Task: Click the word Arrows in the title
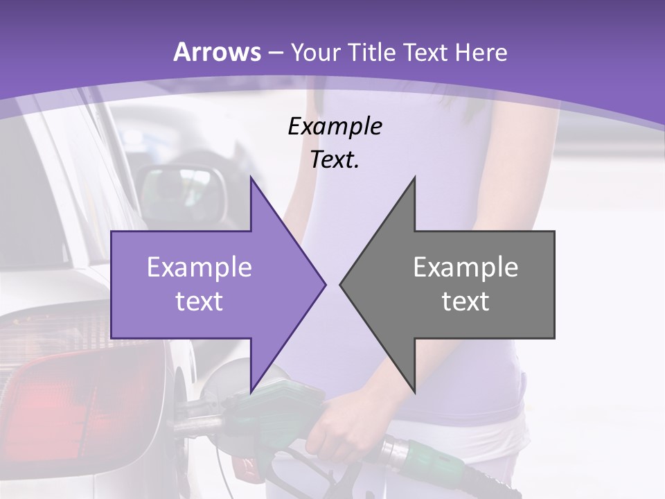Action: pyautogui.click(x=218, y=52)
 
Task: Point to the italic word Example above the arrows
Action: pyautogui.click(x=335, y=126)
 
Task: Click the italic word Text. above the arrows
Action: pyautogui.click(x=335, y=160)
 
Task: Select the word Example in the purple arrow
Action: pyautogui.click(x=199, y=268)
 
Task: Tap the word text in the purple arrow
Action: pyautogui.click(x=199, y=301)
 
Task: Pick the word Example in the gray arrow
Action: pyautogui.click(x=465, y=268)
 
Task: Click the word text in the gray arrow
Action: pyautogui.click(x=465, y=301)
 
